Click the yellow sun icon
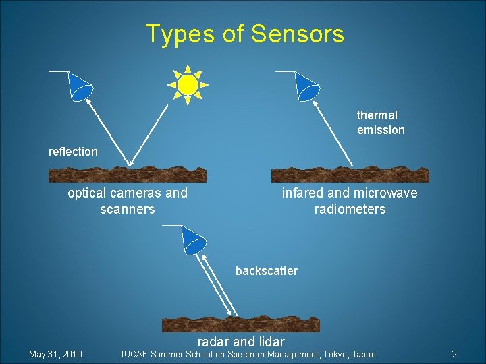pyautogui.click(x=188, y=85)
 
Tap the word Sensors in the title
pyautogui.click(x=296, y=34)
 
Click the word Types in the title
pyautogui.click(x=179, y=34)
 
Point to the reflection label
pyautogui.click(x=73, y=152)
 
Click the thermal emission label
pyautogui.click(x=381, y=123)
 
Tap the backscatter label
pyautogui.click(x=266, y=271)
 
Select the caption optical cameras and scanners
pyautogui.click(x=128, y=201)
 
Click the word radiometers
pyautogui.click(x=350, y=209)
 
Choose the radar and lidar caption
pyautogui.click(x=241, y=342)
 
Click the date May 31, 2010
pyautogui.click(x=55, y=354)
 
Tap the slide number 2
pyautogui.click(x=454, y=354)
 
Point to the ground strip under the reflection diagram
pyautogui.click(x=128, y=175)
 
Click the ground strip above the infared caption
pyautogui.click(x=350, y=175)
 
